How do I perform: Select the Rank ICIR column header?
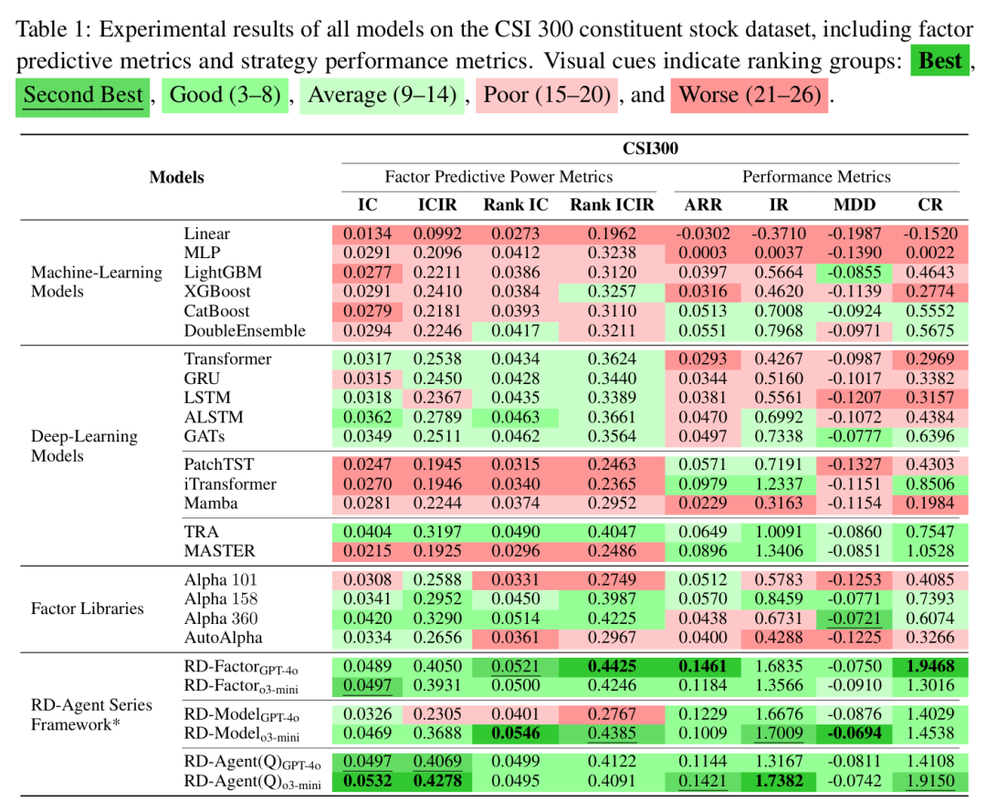[612, 205]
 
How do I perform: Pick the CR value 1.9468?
[930, 666]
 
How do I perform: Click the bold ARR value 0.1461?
[704, 666]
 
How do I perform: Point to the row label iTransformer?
[229, 483]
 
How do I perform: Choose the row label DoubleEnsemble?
[245, 330]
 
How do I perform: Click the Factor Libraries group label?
[88, 608]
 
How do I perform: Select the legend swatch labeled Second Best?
[83, 95]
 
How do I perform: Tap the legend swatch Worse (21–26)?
[750, 95]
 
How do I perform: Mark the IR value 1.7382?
[779, 780]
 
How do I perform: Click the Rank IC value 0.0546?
[517, 733]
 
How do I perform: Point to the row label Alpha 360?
[220, 619]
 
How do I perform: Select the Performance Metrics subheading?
[816, 177]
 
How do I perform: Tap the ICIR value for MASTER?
[437, 550]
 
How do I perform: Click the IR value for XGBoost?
[779, 292]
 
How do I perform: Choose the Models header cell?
[177, 177]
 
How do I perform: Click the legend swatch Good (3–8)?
[226, 95]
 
